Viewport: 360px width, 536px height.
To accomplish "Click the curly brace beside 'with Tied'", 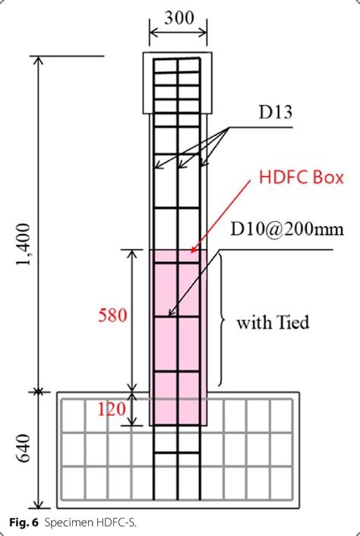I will point(222,320).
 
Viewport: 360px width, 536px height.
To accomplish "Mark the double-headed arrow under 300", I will point(178,33).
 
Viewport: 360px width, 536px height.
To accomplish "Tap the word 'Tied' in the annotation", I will point(292,322).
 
